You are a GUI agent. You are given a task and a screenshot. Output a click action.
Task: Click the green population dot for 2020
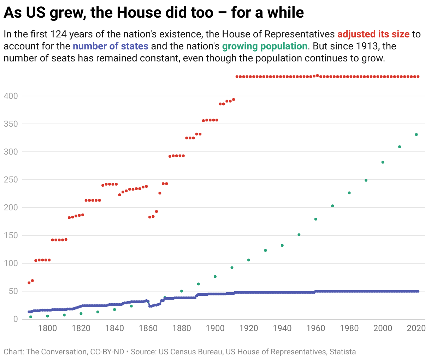416,134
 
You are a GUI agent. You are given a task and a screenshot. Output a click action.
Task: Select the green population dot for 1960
315,219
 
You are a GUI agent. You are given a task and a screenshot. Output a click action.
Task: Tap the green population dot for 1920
248,260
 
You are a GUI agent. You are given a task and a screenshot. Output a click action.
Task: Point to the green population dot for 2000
383,162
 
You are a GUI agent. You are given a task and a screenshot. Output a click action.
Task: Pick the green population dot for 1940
282,245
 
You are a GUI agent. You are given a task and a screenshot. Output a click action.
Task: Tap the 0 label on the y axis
15,319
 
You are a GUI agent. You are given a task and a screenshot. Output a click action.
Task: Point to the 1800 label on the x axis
47,328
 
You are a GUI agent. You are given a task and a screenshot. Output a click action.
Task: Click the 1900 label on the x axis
215,328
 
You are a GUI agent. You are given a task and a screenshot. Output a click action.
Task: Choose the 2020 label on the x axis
416,328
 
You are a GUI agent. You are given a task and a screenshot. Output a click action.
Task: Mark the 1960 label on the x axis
315,328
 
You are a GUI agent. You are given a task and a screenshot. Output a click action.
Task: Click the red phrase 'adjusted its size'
373,34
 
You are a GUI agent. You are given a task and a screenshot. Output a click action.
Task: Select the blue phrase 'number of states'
111,46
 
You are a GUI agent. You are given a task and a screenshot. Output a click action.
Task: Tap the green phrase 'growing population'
265,46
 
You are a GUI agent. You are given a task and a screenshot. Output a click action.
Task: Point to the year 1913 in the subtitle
367,46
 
